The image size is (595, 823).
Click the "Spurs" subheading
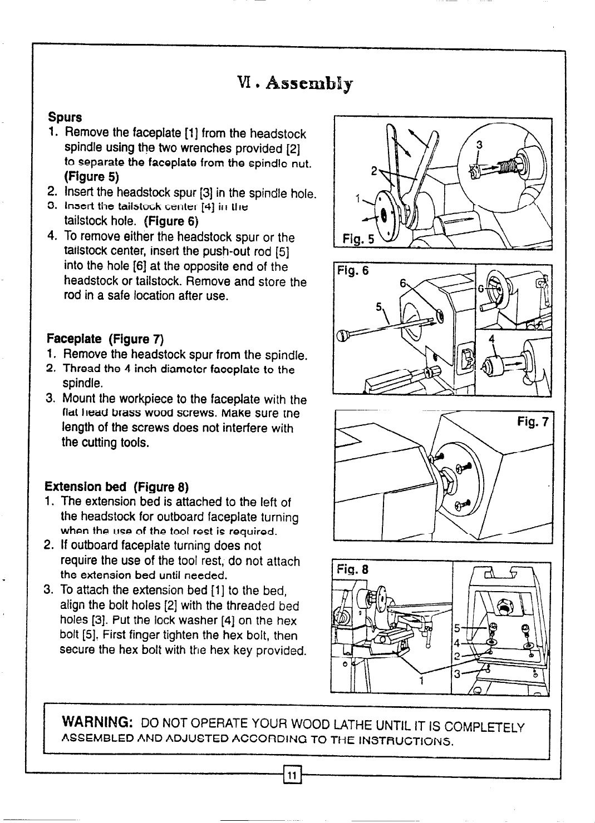pos(65,118)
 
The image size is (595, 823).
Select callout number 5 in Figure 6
pos(379,307)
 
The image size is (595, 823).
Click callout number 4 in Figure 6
pos(491,339)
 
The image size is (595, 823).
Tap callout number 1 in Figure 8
pos(421,682)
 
